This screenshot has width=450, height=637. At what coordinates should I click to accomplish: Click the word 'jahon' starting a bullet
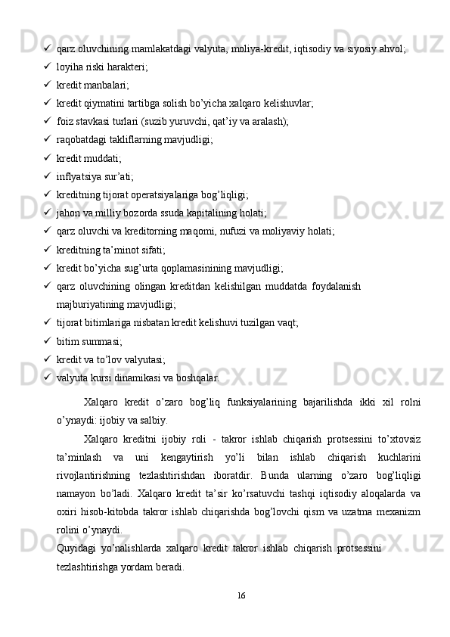pos(70,213)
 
